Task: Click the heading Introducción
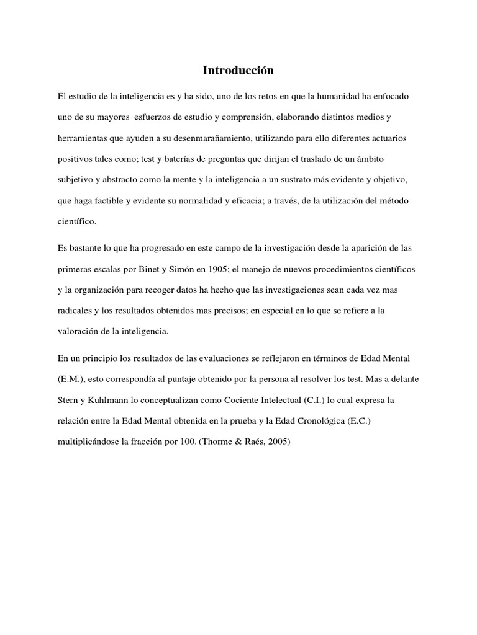point(238,71)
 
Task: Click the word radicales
point(75,311)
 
